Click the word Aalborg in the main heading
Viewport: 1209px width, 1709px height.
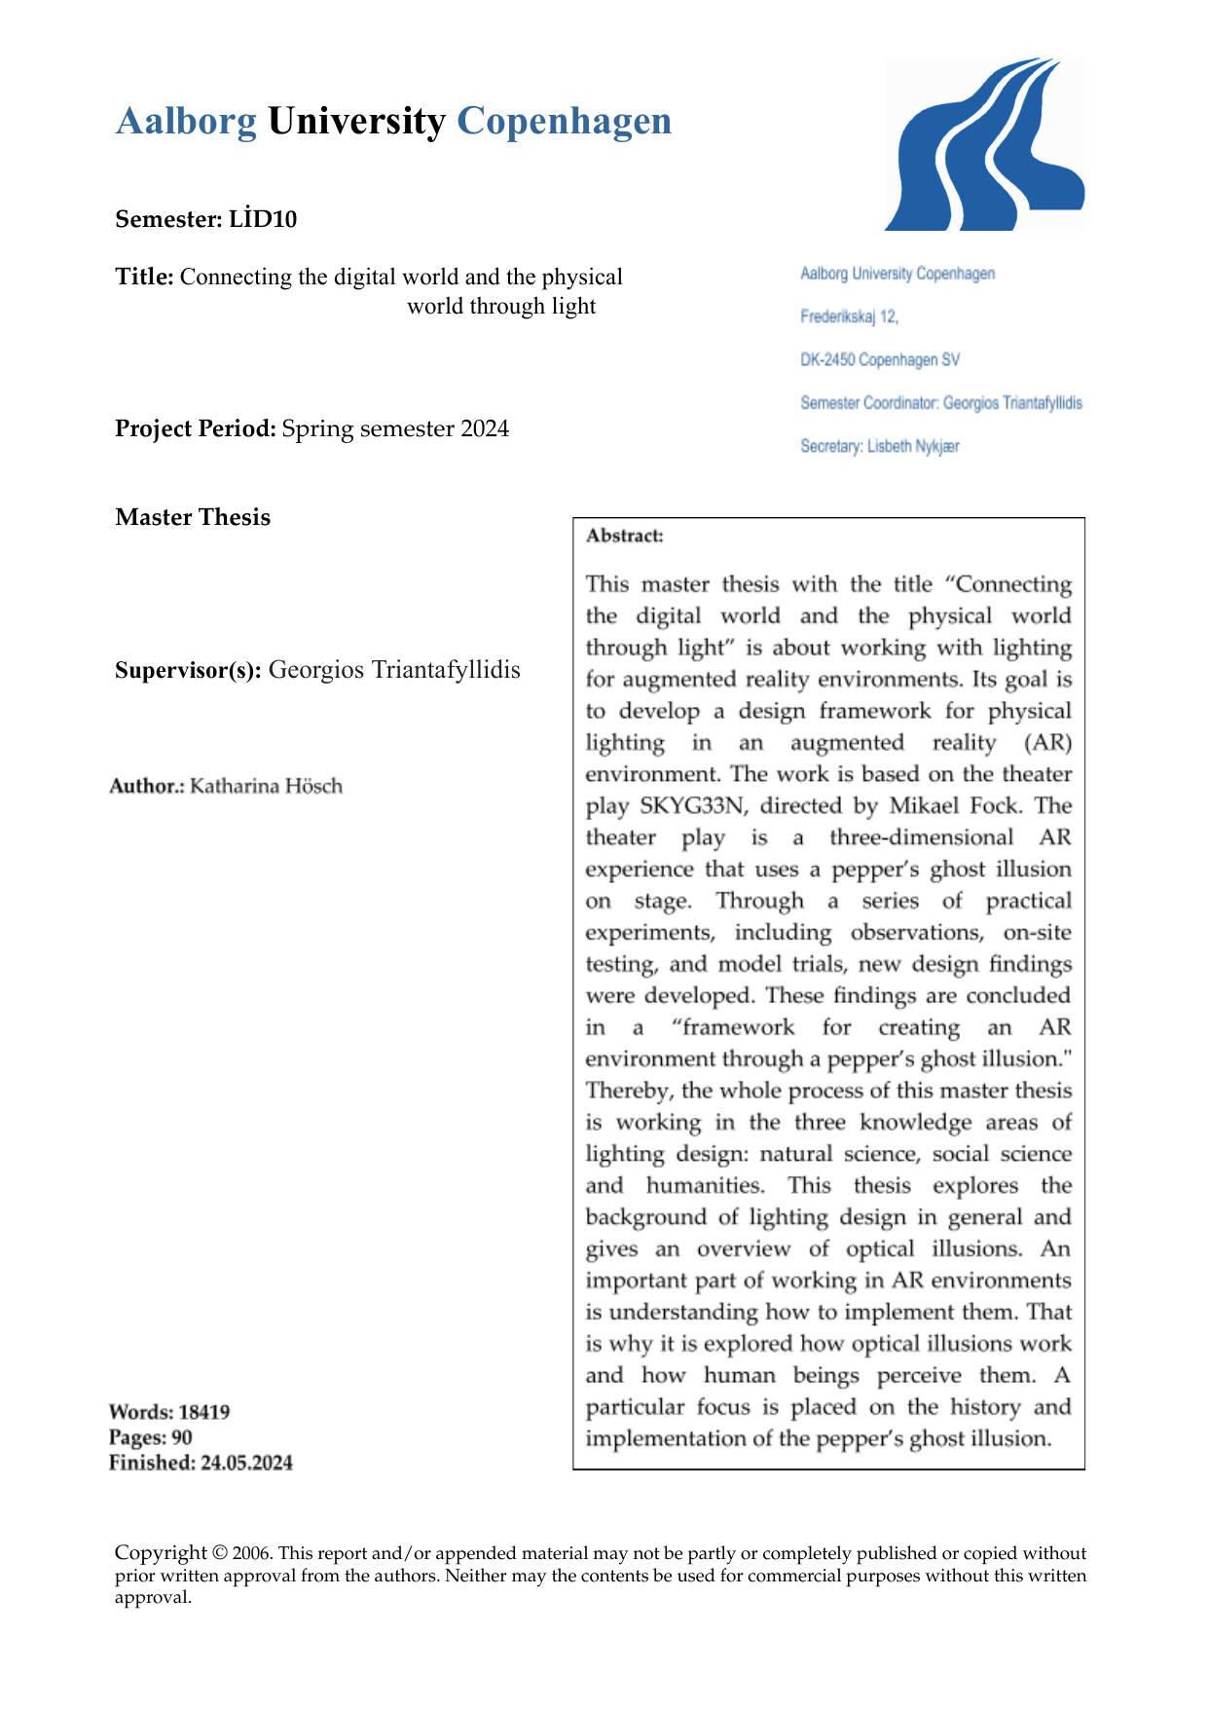186,122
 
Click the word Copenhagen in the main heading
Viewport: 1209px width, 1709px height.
564,122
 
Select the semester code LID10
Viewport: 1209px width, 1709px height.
263,219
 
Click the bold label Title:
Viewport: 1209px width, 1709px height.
144,277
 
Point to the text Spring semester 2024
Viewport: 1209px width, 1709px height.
395,428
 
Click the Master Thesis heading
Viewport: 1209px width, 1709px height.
193,517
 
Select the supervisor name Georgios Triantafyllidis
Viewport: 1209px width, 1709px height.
394,670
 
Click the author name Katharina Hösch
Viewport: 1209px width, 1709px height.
266,786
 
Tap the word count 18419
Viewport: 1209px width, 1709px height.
204,1412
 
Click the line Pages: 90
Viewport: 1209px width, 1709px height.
151,1437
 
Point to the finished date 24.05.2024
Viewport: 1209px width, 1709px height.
246,1463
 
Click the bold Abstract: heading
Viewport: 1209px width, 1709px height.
625,536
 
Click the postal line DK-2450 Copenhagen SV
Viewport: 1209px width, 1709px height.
879,360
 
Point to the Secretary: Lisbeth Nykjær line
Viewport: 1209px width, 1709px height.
879,446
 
